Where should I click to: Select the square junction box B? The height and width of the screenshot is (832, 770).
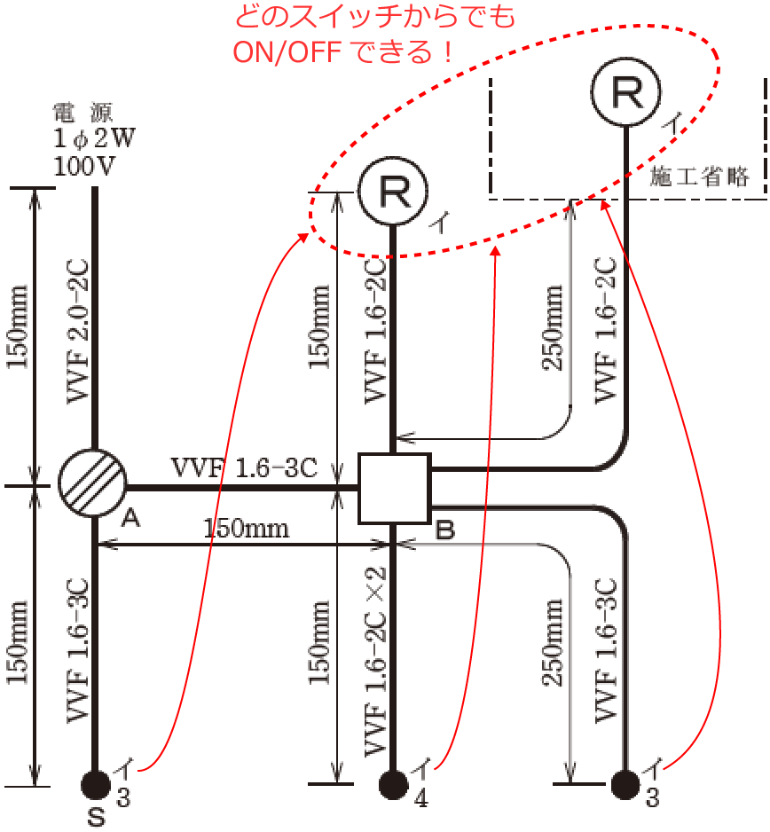click(x=394, y=487)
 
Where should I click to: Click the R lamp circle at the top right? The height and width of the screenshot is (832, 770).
click(x=627, y=92)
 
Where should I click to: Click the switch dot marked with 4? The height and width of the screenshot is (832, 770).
click(x=393, y=784)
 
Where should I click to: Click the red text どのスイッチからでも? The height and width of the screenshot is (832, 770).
click(x=373, y=17)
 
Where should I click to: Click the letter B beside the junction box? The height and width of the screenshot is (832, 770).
click(x=445, y=531)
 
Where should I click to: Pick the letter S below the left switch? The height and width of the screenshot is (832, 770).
click(x=96, y=818)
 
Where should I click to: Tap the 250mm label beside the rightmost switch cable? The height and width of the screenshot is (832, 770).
click(x=553, y=641)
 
